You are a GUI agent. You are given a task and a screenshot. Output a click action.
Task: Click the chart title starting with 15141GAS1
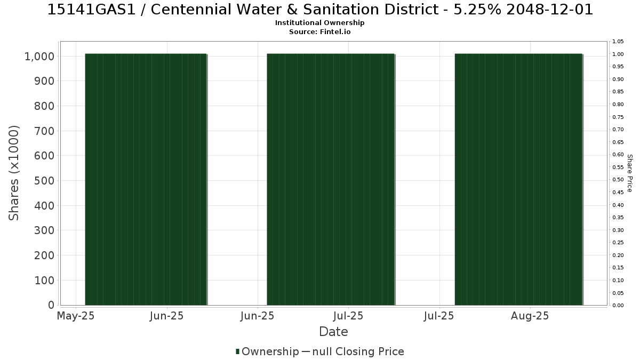coord(320,10)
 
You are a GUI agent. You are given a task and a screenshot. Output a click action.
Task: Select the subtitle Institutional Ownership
coord(319,23)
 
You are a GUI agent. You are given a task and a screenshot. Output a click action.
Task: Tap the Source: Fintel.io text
coord(319,31)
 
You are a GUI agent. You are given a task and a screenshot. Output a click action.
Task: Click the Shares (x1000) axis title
coord(14,173)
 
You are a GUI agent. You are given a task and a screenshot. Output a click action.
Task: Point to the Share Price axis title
coord(629,173)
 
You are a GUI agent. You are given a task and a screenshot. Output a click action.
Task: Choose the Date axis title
coord(333,332)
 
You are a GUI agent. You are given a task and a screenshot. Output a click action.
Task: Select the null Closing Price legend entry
coord(353,351)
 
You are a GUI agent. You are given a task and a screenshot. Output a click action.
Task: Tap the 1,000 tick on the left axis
coord(39,57)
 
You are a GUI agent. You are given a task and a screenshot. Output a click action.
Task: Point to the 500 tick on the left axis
coord(44,181)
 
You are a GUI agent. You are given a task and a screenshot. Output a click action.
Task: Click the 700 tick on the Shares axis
coord(44,131)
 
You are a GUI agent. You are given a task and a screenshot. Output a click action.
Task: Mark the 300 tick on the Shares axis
coord(44,230)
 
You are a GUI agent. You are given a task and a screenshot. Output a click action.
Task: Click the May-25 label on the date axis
coord(76,316)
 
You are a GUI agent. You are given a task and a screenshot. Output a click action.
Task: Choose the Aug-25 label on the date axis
coord(530,316)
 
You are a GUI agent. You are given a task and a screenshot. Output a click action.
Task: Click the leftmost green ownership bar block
coord(146,179)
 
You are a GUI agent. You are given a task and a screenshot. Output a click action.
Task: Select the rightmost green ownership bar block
coord(518,179)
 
